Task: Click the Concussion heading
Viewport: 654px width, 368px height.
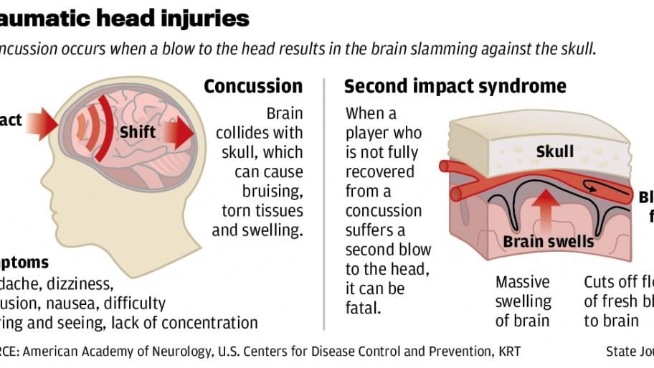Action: tap(253, 87)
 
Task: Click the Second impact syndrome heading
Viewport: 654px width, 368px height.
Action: tap(455, 87)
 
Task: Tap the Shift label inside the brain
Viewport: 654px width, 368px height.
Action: tap(137, 132)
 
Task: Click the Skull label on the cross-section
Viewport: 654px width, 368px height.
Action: tap(554, 152)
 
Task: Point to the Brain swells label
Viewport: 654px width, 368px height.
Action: tap(549, 242)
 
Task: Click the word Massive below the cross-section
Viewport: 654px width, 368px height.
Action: tap(523, 282)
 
